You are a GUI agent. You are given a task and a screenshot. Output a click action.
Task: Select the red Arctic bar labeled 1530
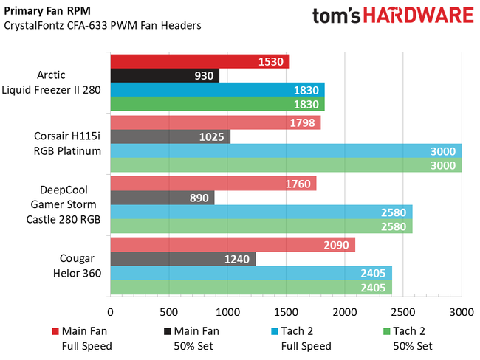[x=199, y=61]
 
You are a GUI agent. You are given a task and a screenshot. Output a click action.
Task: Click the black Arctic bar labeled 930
[x=164, y=75]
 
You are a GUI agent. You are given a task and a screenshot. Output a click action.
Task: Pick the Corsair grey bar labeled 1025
[x=170, y=136]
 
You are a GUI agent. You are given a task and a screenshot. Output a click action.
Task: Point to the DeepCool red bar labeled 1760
[x=213, y=183]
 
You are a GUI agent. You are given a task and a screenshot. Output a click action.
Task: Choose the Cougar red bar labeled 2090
[x=232, y=244]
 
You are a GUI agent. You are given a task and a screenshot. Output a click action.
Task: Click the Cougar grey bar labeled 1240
[x=182, y=258]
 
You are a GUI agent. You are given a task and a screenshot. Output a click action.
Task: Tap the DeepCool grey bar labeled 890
[x=162, y=197]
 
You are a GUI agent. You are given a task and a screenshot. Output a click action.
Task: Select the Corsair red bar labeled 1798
[x=215, y=122]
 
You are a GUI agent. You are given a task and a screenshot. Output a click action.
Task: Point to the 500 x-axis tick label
[x=168, y=313]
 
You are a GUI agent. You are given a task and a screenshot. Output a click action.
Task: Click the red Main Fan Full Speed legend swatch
[x=55, y=331]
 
